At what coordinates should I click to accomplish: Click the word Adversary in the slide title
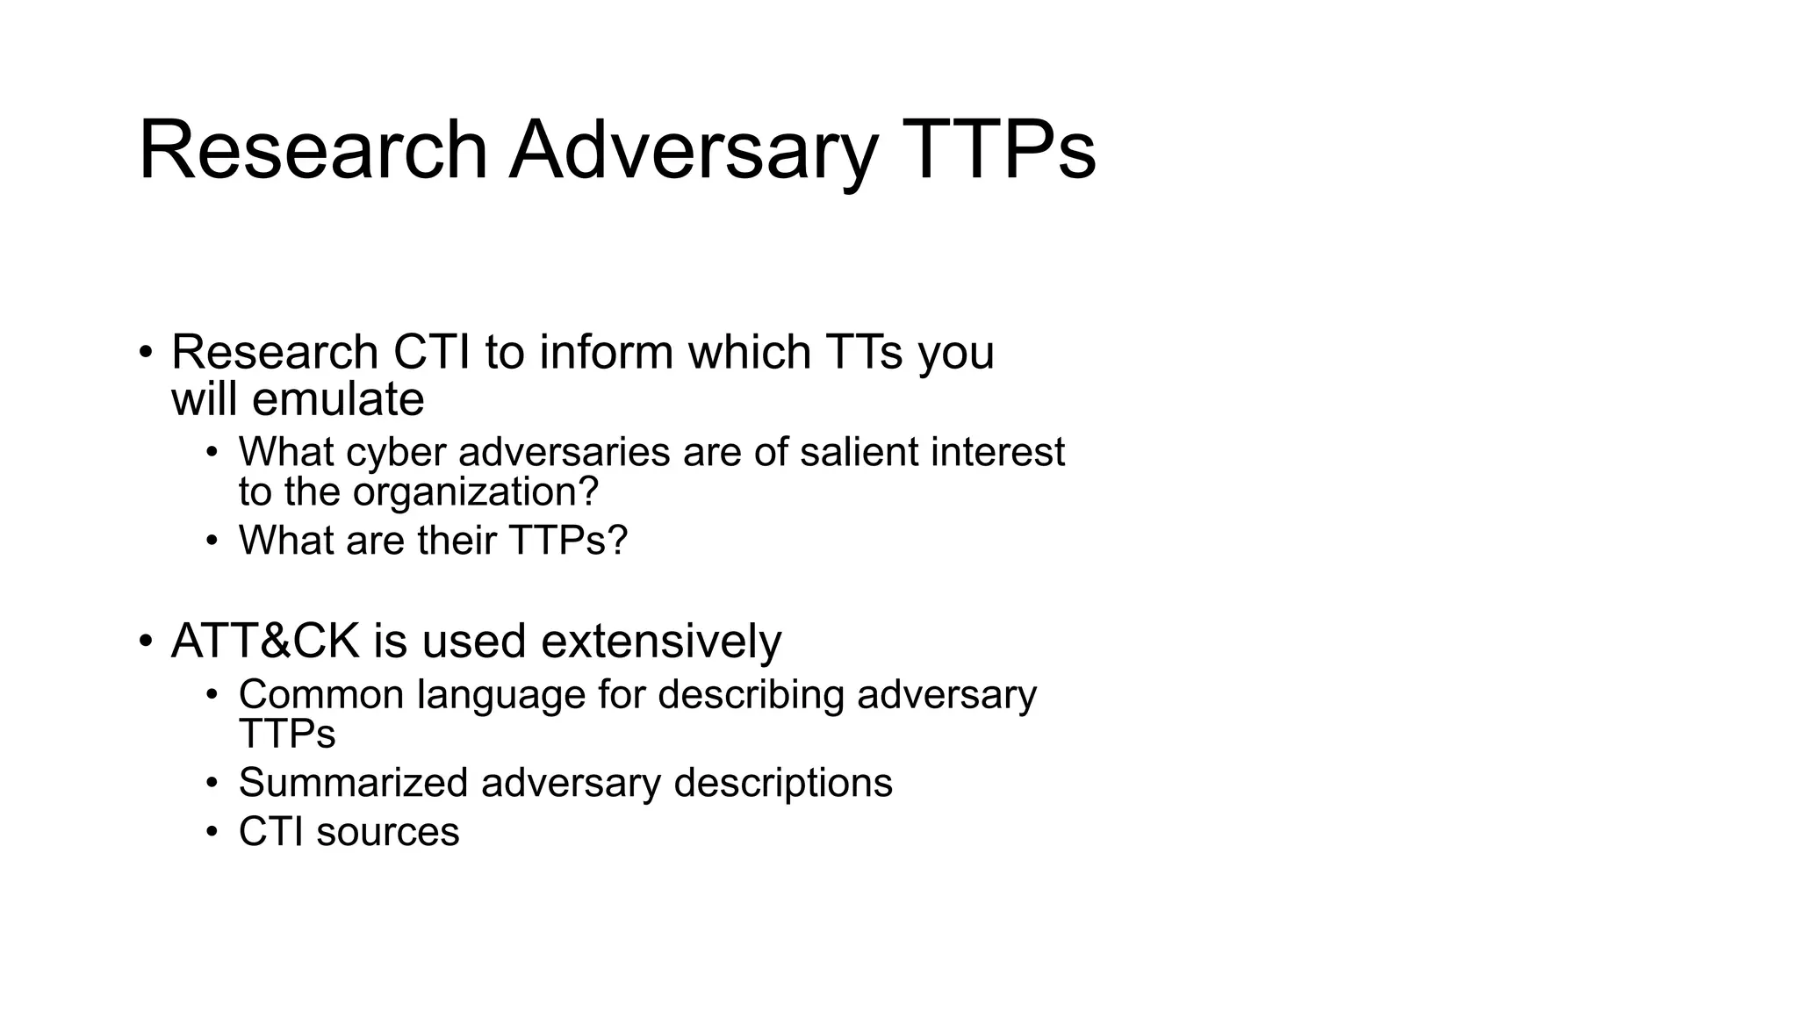tap(693, 151)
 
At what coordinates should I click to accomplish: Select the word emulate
tap(338, 400)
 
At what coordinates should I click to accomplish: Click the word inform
tap(607, 353)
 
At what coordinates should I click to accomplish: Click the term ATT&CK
tap(265, 642)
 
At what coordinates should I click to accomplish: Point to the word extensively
tap(661, 642)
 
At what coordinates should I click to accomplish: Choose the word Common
tap(320, 695)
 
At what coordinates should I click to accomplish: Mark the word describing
tap(751, 695)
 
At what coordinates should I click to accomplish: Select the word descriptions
tap(783, 783)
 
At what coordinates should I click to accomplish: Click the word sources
tap(388, 832)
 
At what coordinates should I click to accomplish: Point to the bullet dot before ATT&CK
tap(146, 642)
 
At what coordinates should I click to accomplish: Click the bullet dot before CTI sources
tap(212, 832)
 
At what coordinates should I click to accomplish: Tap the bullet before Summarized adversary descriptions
tap(212, 783)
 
